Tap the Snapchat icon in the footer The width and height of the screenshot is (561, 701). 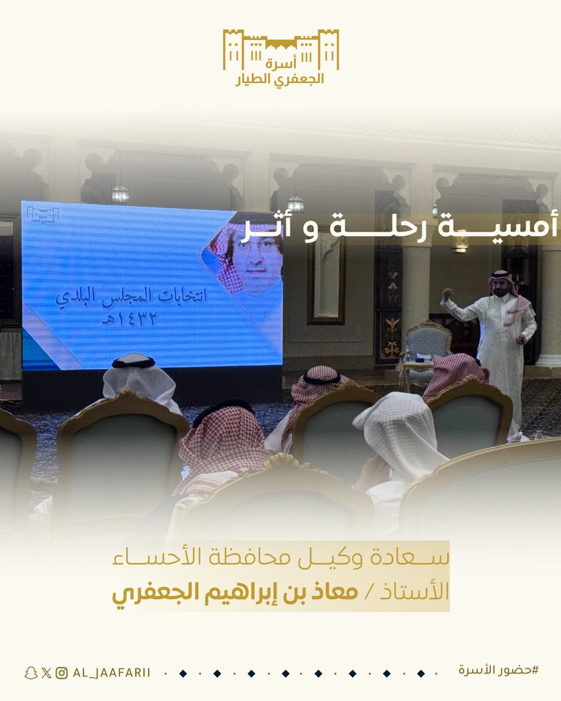coord(30,673)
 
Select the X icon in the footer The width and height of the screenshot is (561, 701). coord(46,673)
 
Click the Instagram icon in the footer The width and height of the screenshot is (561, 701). coord(61,673)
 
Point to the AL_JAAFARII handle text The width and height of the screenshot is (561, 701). coord(111,673)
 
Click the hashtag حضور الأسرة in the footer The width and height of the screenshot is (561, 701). coord(498,670)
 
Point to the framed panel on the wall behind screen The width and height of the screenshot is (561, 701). coord(326,280)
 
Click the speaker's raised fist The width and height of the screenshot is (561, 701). coord(447,292)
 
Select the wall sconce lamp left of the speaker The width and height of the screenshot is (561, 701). coord(460,242)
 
